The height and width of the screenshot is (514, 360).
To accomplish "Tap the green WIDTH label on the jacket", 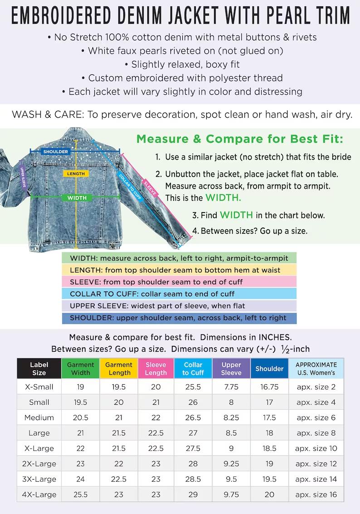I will pos(77,198).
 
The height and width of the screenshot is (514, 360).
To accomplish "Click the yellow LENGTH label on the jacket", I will pos(76,174).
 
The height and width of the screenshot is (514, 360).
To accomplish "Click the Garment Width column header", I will pos(81,369).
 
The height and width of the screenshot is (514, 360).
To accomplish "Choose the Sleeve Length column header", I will pos(156,369).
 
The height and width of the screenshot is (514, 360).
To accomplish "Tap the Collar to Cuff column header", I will pos(193,369).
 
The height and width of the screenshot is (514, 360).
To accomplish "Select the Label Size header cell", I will pos(39,369).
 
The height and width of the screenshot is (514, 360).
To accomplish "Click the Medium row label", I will pos(39,417).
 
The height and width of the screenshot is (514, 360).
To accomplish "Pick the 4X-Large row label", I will pos(39,495).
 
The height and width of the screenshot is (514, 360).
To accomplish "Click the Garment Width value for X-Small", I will pos(81,387).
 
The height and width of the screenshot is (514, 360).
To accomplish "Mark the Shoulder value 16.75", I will pos(269,387).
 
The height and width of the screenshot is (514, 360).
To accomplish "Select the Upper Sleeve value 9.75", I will pos(231,495).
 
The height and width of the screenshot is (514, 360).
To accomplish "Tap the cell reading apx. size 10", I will pos(316,448).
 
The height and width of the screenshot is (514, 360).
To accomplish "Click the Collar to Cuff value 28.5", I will pos(193,479).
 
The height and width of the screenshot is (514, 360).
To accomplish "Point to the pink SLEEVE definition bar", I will pos(179,282).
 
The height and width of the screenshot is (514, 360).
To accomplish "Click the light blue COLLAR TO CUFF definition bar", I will pos(179,294).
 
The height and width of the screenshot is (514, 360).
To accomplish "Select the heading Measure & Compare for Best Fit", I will pos(240,139).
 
